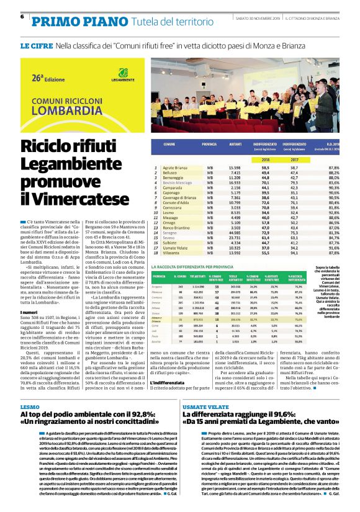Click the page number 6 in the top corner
point(22,17)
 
